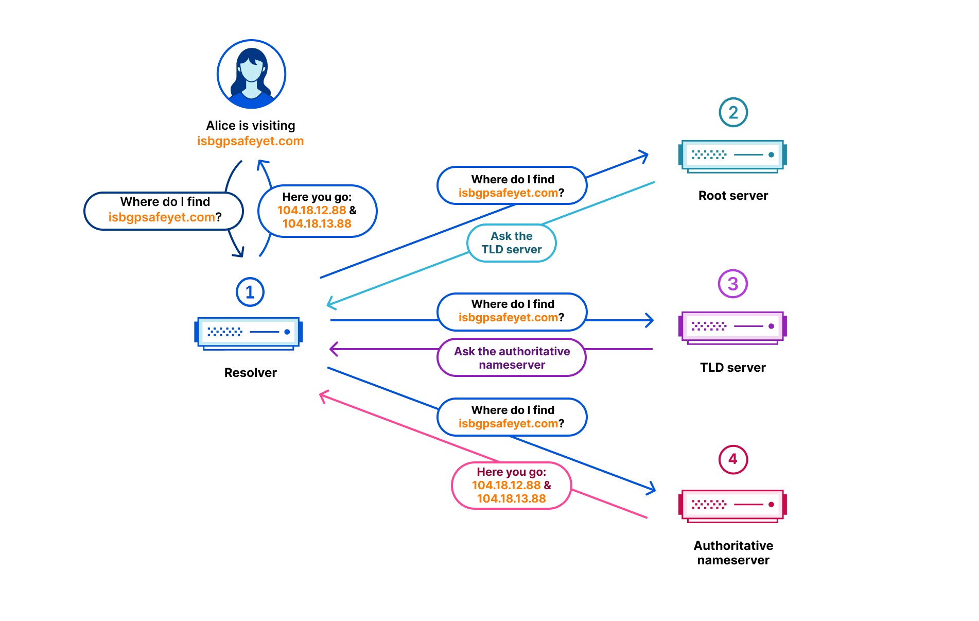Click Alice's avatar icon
(x=251, y=74)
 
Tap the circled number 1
(x=250, y=292)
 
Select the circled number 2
(x=733, y=112)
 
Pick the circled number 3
(x=733, y=284)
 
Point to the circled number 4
(x=733, y=459)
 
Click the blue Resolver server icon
(x=249, y=334)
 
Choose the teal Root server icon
(x=733, y=156)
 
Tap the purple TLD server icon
(x=733, y=327)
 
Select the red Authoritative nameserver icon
(x=733, y=506)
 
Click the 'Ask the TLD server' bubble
(x=512, y=243)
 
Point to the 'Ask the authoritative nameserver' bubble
(x=512, y=357)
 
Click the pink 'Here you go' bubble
(x=512, y=486)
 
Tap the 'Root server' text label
(x=733, y=196)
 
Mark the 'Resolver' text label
(x=251, y=373)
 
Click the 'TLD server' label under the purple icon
(x=733, y=368)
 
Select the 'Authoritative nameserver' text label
(x=733, y=553)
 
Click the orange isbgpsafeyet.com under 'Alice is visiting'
(x=251, y=141)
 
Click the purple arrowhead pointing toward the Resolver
(x=333, y=349)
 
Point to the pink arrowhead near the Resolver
(x=323, y=396)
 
